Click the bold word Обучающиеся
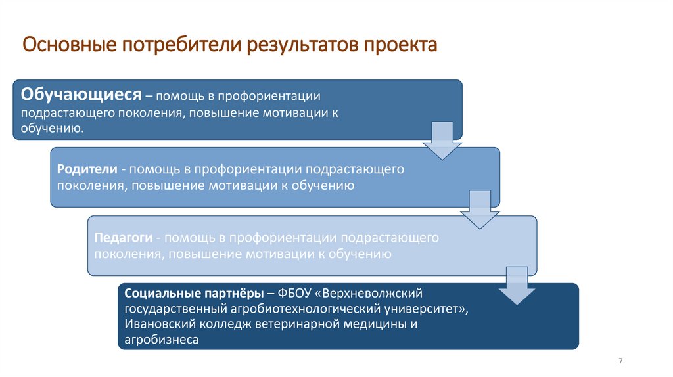point(81,95)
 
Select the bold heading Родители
point(87,169)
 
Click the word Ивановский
point(155,324)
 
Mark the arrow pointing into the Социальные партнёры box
point(517,286)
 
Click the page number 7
point(620,361)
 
